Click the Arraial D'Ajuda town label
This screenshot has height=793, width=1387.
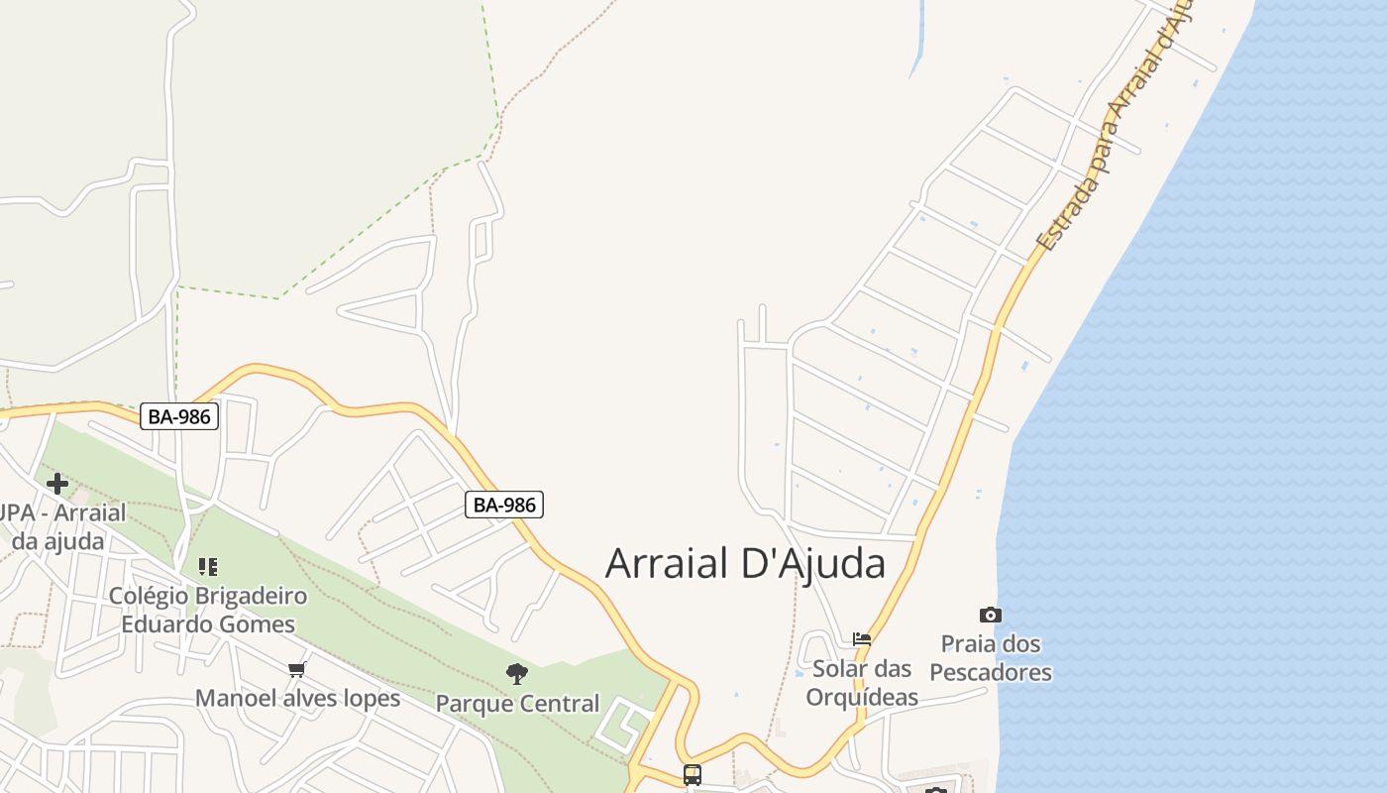pos(745,564)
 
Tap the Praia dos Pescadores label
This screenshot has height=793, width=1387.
pos(991,658)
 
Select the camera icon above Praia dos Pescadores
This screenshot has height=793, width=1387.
pos(990,616)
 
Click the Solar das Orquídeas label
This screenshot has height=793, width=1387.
pos(862,682)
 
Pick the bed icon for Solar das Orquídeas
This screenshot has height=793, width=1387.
pos(862,639)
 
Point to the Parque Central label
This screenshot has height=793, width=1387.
pos(518,704)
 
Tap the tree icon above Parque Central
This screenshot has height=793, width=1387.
pos(516,675)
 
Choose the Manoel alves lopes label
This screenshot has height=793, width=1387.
pos(297,698)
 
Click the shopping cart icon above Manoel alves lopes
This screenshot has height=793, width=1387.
pos(296,670)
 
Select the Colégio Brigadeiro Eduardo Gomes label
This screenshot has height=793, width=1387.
pos(208,610)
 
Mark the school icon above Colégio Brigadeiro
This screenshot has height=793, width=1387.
pos(207,567)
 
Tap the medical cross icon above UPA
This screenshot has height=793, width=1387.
pos(57,484)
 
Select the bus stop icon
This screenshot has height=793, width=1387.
pos(693,774)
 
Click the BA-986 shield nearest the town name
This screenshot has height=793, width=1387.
pos(504,505)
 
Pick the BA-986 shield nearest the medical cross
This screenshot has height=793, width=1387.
pos(178,416)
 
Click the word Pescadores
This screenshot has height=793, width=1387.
pos(991,673)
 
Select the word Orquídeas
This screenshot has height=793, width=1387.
pos(862,697)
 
